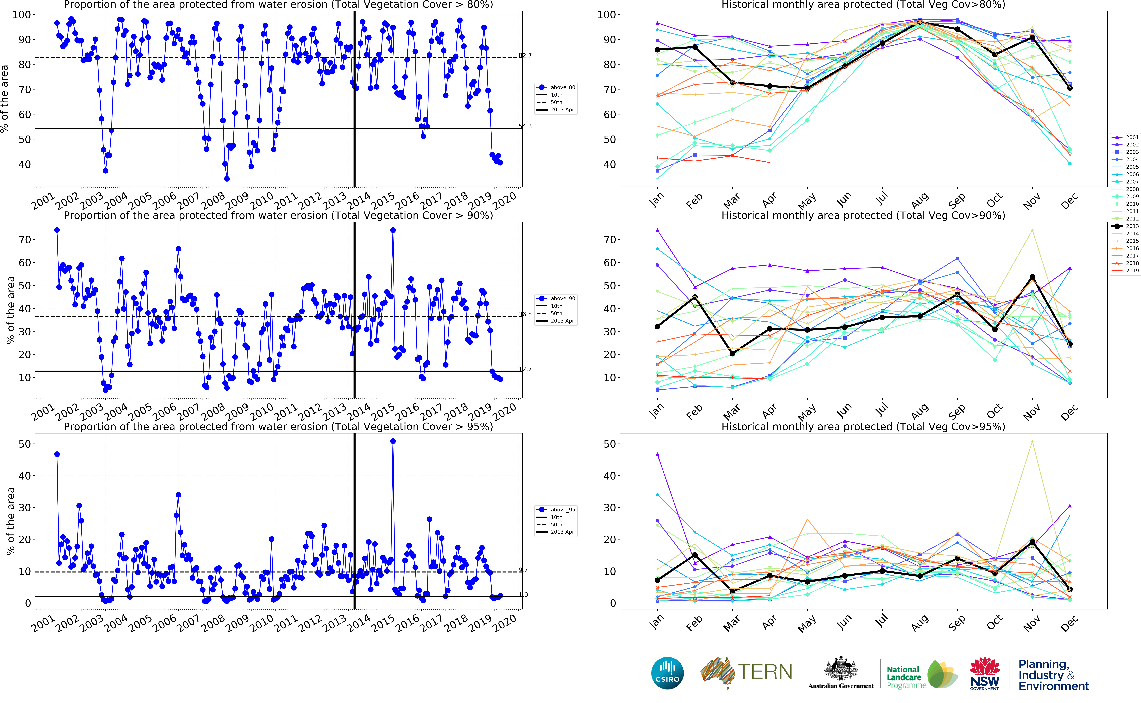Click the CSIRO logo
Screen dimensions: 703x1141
[667, 673]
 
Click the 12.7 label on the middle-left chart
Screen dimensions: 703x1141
[525, 369]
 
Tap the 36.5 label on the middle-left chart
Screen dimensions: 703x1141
[525, 314]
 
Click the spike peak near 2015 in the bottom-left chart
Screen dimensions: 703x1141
[393, 441]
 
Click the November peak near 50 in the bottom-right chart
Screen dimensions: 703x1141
[1032, 441]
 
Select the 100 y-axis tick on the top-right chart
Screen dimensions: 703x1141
[606, 14]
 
